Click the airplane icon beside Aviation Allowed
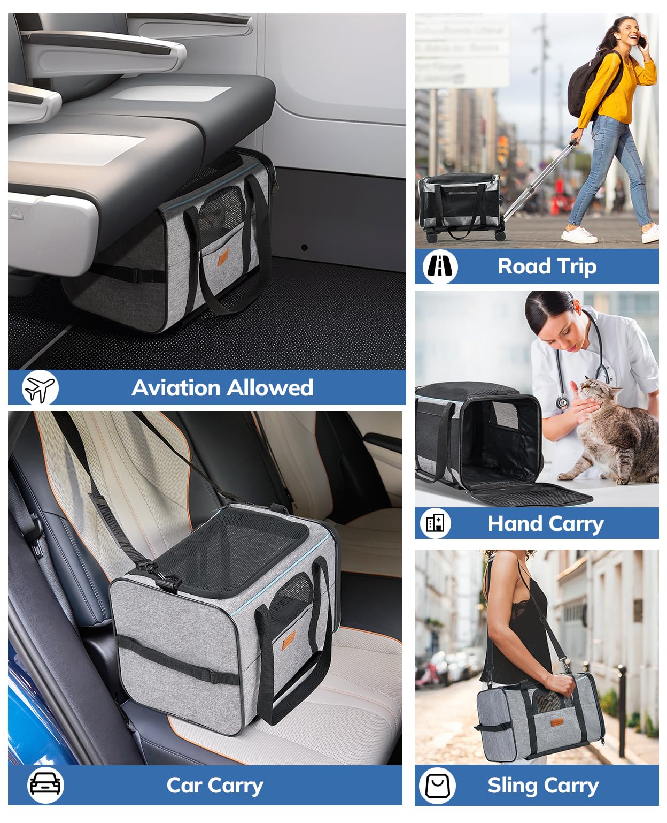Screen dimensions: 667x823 [x=40, y=387]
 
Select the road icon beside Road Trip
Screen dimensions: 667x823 [x=440, y=266]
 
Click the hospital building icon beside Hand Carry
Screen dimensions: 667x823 [x=435, y=523]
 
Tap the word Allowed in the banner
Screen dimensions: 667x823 [x=270, y=387]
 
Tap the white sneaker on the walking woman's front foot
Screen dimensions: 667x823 [x=579, y=235]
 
